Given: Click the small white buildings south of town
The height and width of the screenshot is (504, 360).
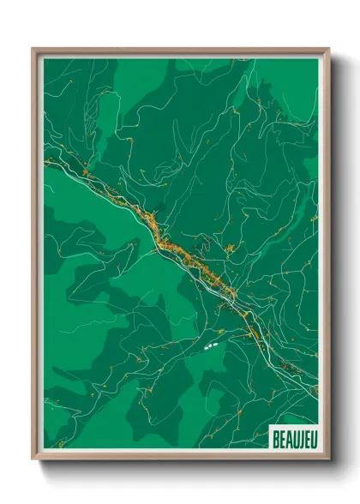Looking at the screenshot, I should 210,348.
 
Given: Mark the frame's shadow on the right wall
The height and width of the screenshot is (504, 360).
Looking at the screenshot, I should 337,257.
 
